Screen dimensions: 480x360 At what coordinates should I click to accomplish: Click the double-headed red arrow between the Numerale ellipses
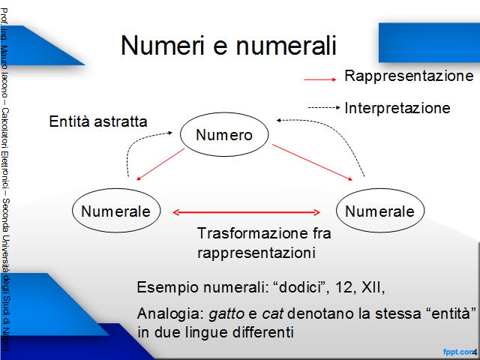247,212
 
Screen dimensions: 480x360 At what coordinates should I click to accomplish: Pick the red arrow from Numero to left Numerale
160,164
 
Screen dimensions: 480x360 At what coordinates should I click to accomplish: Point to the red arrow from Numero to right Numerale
312,162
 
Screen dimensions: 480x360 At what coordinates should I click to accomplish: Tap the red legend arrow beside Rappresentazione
320,79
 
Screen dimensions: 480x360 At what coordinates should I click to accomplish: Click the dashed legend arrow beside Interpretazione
324,107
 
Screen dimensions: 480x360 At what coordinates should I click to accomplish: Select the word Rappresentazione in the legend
409,76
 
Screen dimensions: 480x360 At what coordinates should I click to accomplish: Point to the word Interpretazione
397,108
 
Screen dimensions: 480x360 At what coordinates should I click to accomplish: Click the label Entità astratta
98,121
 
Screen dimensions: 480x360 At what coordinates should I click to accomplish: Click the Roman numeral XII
371,287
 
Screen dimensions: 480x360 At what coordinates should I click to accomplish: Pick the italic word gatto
226,313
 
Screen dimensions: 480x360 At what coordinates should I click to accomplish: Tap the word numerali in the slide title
286,45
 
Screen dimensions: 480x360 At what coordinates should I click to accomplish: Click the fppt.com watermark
458,352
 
